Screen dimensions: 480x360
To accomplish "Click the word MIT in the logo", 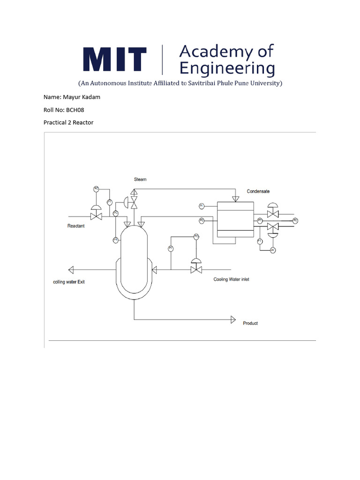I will (115, 60).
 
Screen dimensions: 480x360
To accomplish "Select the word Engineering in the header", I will (227, 68).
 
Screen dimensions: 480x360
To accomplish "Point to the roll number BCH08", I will (75, 110).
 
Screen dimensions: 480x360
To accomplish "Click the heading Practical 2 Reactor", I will (68, 122).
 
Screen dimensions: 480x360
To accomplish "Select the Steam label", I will (140, 179).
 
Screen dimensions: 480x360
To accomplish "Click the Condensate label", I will (258, 191).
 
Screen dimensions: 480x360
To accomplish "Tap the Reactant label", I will (76, 226).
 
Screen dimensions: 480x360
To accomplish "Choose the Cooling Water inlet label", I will (232, 279).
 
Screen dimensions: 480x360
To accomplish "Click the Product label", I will (250, 323).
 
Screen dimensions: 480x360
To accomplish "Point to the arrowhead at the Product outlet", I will (232, 319).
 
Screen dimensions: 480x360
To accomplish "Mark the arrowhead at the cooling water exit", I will (71, 269).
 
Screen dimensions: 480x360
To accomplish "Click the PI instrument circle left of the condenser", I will (201, 206).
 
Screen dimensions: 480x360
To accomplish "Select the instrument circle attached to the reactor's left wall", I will (115, 240).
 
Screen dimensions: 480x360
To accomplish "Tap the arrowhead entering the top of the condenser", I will (235, 199).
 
